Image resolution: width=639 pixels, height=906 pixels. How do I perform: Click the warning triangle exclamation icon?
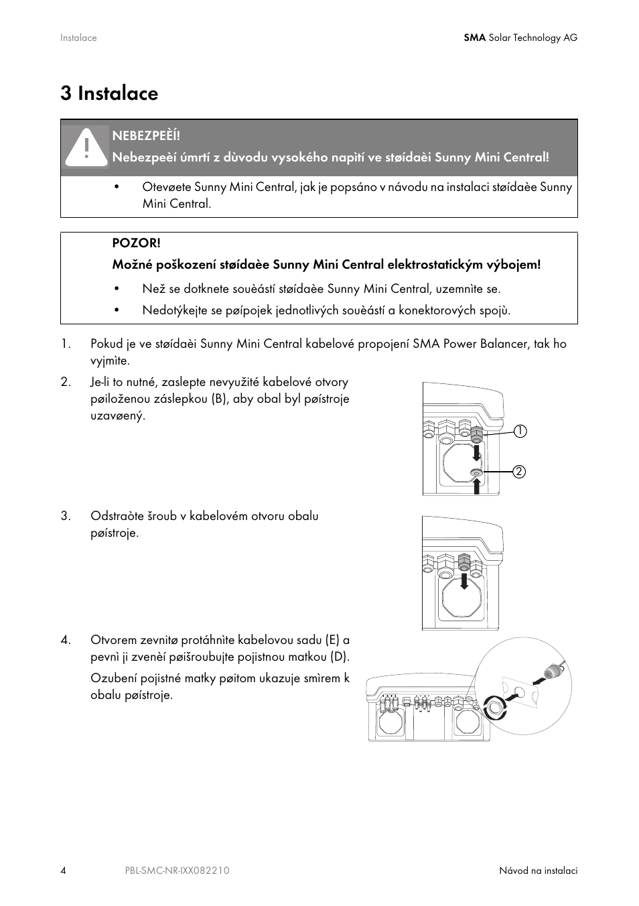point(86,147)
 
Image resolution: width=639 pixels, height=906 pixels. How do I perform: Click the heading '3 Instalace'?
point(109,93)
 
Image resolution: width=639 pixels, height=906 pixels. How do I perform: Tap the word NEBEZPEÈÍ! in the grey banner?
point(146,135)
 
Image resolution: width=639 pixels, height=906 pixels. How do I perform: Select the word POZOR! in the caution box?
point(136,243)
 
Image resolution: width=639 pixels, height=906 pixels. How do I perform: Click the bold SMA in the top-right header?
point(474,38)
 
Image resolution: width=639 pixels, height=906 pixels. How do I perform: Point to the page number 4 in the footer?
point(64,870)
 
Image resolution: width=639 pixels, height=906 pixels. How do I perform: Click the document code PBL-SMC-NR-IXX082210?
point(177,870)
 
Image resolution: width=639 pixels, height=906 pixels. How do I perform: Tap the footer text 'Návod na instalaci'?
point(538,870)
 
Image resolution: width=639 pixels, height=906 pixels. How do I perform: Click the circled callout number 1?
point(520,431)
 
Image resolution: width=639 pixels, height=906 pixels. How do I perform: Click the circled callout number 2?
point(520,472)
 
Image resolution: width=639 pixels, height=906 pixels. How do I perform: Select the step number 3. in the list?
point(66,516)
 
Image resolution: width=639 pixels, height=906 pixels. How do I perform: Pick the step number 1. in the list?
point(66,344)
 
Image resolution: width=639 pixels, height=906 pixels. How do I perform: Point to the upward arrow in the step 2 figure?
point(476,486)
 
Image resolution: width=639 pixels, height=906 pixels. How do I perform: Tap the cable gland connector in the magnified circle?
point(553,670)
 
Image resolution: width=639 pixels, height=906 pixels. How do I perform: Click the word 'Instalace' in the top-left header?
point(78,38)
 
